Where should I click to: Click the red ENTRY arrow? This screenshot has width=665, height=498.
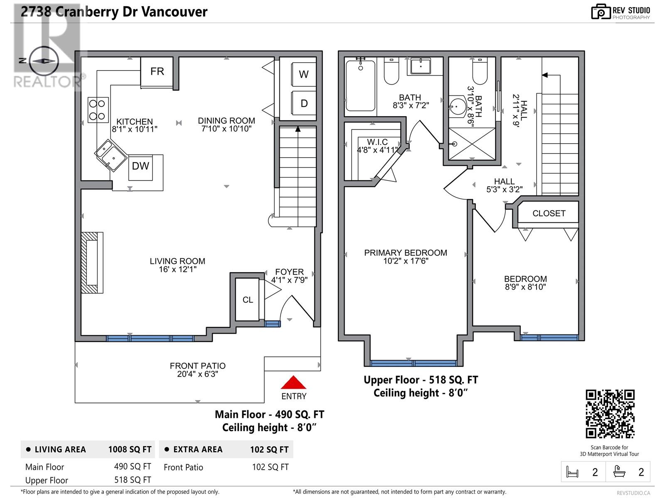coord(293,382)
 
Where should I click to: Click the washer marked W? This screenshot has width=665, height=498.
coord(303,74)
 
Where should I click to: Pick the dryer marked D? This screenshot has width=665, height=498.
coord(303,103)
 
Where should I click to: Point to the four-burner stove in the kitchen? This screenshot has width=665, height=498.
coord(98,110)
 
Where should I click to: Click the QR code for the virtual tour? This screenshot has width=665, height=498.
coord(610,414)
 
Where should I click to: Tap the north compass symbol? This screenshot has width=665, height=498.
coord(44,61)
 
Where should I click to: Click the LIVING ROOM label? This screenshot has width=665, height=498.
coord(177,261)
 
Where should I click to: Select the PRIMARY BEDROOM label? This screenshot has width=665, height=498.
coord(405,253)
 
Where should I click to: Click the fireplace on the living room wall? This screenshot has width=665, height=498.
coord(92,262)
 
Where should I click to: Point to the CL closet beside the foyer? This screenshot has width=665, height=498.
coord(247,299)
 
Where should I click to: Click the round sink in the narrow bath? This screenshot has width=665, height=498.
coord(457,107)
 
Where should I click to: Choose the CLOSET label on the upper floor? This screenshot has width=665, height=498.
coord(549,213)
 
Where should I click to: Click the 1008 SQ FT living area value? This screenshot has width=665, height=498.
coord(130,449)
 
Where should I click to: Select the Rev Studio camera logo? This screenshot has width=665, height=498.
coord(601,12)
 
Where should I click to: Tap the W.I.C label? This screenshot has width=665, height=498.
coord(377,142)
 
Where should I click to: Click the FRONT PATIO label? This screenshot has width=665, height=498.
coord(197,366)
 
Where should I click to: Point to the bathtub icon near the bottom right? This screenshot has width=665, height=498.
coord(619,471)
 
